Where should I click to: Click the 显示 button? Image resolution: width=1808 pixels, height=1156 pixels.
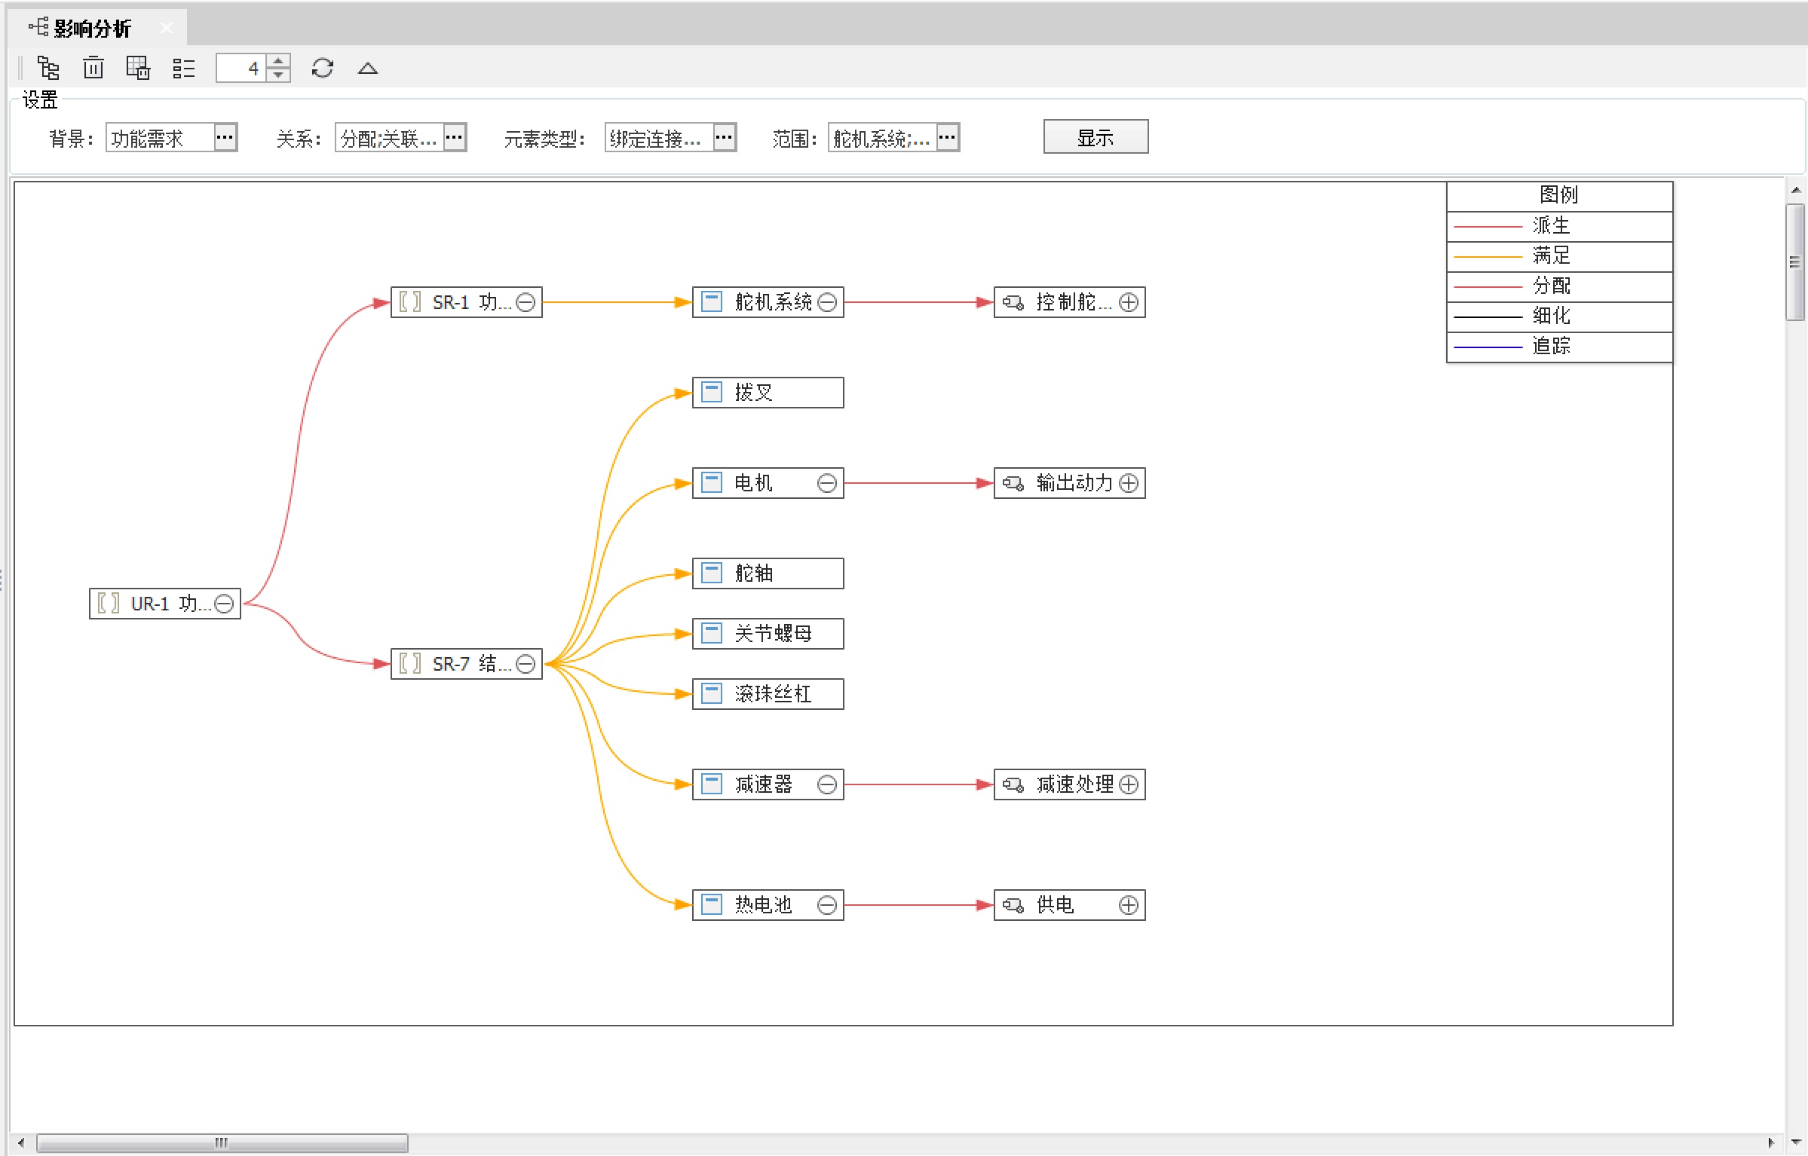[1095, 137]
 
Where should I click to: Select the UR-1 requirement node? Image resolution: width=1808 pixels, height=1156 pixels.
[158, 604]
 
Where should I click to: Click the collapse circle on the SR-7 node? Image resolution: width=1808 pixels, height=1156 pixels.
[526, 664]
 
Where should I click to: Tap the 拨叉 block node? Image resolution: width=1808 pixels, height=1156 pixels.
[767, 393]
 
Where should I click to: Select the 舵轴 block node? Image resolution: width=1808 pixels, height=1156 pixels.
[767, 573]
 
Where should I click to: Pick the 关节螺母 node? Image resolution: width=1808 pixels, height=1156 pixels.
[767, 634]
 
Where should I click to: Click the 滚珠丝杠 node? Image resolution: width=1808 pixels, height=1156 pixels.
[767, 694]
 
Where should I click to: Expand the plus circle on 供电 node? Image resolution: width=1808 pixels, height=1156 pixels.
[1128, 905]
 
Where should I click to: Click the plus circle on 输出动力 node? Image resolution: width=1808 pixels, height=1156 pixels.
[1128, 483]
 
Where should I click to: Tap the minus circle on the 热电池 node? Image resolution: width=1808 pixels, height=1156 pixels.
[826, 905]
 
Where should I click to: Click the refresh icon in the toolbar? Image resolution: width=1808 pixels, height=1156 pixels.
[322, 69]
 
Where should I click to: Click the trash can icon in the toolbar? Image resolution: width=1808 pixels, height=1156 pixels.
[93, 69]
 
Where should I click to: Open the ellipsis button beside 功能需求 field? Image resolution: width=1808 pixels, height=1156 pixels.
[225, 137]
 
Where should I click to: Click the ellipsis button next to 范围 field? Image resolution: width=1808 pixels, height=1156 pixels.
[947, 137]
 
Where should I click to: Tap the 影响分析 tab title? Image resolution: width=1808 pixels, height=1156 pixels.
[92, 29]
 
